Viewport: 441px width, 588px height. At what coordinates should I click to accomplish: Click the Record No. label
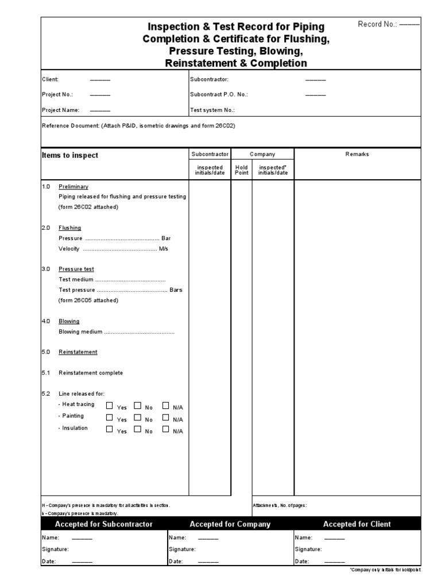pyautogui.click(x=378, y=24)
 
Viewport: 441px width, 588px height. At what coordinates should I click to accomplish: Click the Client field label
pyautogui.click(x=51, y=79)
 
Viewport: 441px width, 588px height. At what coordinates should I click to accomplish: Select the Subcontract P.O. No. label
pyautogui.click(x=219, y=94)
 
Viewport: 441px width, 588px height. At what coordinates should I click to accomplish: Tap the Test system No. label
pyautogui.click(x=212, y=110)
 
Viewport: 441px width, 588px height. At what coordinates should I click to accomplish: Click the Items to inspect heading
pyautogui.click(x=70, y=155)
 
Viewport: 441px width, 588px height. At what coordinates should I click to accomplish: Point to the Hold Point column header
pyautogui.click(x=242, y=170)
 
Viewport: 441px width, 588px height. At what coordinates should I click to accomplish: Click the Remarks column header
pyautogui.click(x=357, y=154)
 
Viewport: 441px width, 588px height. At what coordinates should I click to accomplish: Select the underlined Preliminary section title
pyautogui.click(x=73, y=187)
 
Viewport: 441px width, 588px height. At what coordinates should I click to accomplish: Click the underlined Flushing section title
pyautogui.click(x=70, y=227)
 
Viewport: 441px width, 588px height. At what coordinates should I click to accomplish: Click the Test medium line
pyautogui.click(x=112, y=280)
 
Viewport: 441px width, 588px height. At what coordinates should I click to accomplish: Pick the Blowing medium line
pyautogui.click(x=117, y=331)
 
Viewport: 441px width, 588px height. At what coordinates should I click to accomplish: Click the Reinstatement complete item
pyautogui.click(x=91, y=373)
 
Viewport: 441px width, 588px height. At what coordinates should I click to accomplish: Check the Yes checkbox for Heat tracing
pyautogui.click(x=110, y=405)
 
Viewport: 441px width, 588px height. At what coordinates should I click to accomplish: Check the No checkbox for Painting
pyautogui.click(x=137, y=417)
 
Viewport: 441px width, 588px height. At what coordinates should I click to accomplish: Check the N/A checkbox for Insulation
pyautogui.click(x=166, y=429)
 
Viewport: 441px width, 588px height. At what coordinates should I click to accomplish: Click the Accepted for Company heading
pyautogui.click(x=230, y=524)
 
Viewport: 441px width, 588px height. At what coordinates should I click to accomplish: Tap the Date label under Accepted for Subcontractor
pyautogui.click(x=49, y=561)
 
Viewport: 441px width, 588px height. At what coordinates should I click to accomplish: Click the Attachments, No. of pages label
pyautogui.click(x=280, y=505)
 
